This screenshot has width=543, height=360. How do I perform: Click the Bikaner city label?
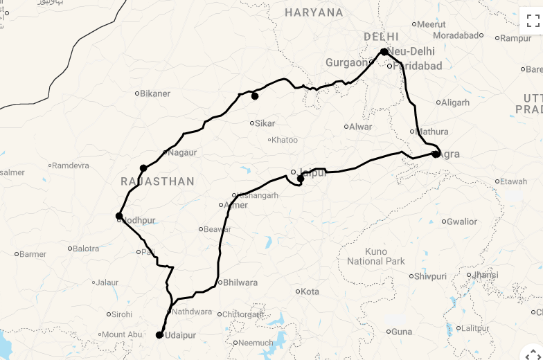coord(155,93)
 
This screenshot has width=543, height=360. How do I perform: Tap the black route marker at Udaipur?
coord(159,335)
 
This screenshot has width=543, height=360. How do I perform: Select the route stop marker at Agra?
coord(436,154)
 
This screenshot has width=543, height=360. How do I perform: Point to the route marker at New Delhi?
coord(384,52)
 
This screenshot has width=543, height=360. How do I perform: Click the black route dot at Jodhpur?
coord(119,216)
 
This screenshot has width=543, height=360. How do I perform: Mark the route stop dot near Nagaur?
coord(143,168)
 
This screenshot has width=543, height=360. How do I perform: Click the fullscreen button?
coord(533,20)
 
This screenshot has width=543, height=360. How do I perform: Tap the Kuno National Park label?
coord(375,256)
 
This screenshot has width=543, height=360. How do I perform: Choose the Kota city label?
coord(310,291)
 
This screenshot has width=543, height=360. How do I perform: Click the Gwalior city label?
coord(461,222)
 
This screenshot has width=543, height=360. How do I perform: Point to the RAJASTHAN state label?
coord(157,181)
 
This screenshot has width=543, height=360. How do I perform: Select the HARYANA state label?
coord(314,12)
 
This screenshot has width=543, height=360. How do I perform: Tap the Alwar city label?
coord(360,127)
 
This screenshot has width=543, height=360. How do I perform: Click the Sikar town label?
coord(265,123)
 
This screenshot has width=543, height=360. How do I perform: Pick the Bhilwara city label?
coord(240,282)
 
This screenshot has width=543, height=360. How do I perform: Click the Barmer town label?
coord(33,254)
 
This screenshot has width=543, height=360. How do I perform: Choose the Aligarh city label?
coord(455,102)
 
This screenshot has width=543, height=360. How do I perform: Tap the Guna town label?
coord(401,332)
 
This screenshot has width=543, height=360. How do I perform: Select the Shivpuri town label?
coord(430,276)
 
